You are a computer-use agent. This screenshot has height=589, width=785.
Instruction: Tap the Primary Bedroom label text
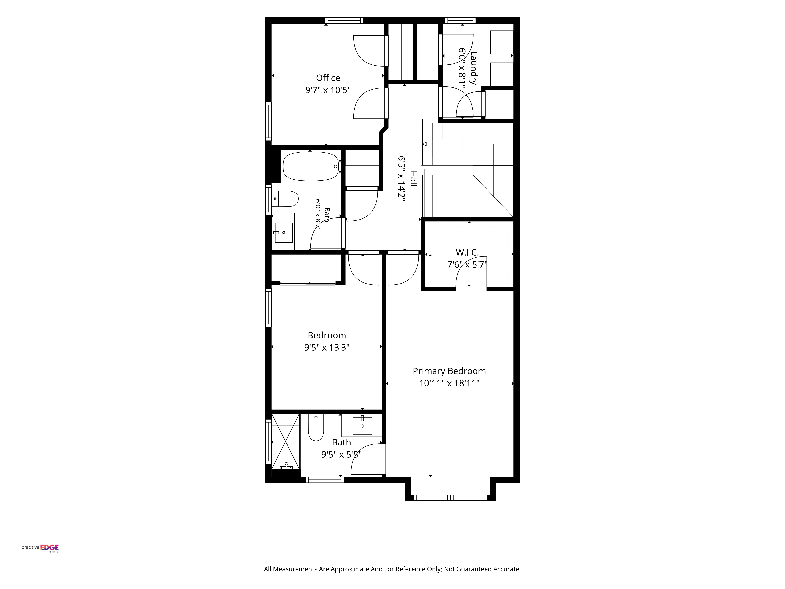(x=449, y=371)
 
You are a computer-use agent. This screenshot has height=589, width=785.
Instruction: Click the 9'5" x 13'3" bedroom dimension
(x=327, y=347)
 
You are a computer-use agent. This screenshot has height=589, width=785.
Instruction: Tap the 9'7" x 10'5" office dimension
(x=328, y=90)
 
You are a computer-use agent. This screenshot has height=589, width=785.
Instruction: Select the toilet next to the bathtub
(x=285, y=199)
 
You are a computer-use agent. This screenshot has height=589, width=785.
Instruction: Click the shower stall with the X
(x=286, y=441)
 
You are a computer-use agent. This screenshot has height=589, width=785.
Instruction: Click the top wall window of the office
(x=344, y=21)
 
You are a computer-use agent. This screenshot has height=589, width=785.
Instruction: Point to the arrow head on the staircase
(x=424, y=144)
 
